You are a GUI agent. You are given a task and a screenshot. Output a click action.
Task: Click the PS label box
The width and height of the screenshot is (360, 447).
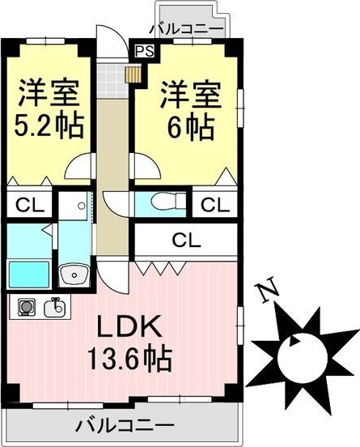click(145, 51)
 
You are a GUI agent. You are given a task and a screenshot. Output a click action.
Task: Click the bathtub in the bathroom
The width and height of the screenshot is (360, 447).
click(29, 274)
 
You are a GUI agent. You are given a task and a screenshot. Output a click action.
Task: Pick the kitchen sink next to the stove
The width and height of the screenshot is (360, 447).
click(56, 308)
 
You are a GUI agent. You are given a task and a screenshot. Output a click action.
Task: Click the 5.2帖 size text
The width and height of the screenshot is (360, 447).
click(49, 126)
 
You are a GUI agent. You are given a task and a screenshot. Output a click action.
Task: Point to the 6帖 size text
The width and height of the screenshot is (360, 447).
click(187, 126)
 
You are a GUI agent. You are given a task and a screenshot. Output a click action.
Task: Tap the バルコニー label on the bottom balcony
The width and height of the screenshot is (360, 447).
click(125, 425)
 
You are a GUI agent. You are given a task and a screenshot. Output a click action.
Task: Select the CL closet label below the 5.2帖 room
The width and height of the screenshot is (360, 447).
click(29, 203)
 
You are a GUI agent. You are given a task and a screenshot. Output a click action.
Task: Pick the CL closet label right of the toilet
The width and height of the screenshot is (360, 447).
click(215, 203)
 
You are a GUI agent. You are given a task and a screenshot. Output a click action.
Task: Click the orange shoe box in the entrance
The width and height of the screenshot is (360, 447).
click(133, 74)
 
